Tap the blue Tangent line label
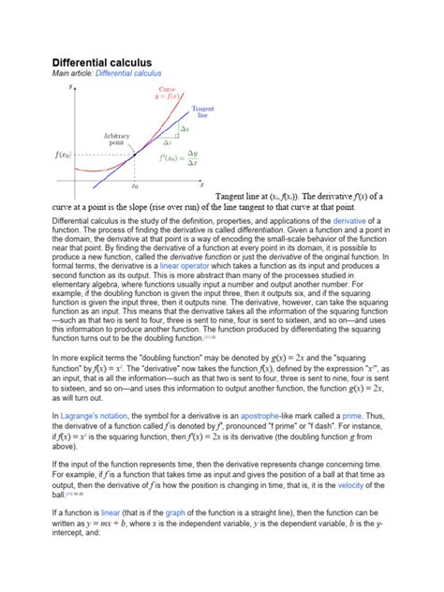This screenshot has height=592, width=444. pyautogui.click(x=195, y=112)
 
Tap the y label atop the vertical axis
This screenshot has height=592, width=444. pyautogui.click(x=70, y=85)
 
